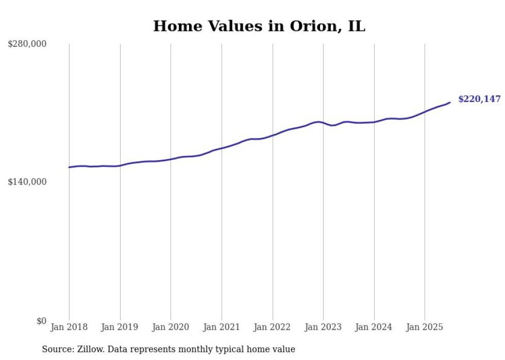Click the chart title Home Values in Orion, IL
point(259,26)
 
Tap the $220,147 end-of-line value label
point(479,99)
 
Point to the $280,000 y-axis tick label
point(27,44)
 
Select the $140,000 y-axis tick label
point(27,182)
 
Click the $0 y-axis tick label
point(41,321)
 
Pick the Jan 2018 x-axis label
point(69,327)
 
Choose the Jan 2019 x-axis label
point(120,327)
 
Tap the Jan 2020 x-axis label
point(171,327)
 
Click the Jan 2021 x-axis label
point(222,327)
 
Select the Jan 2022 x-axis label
point(272,327)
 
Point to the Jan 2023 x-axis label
point(323,327)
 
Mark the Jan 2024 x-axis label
point(374,327)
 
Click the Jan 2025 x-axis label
point(425,327)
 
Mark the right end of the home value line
point(450,102)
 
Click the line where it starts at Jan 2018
point(69,167)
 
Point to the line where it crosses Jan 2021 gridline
point(222,148)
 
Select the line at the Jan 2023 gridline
point(323,123)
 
